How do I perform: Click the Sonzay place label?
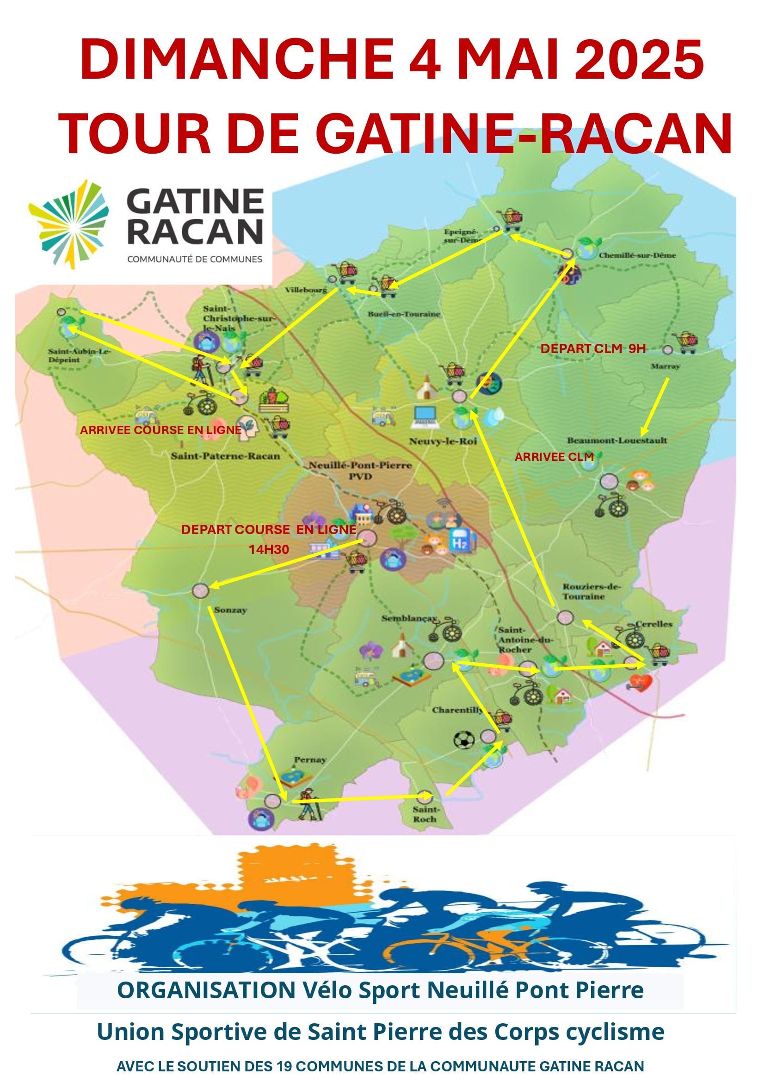pyautogui.click(x=230, y=610)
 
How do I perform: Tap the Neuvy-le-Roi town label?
pyautogui.click(x=443, y=442)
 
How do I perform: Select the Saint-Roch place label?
pyautogui.click(x=425, y=815)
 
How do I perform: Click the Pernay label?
pyautogui.click(x=310, y=759)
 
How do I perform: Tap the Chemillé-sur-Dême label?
pyautogui.click(x=637, y=255)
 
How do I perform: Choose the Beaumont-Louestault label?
pyautogui.click(x=617, y=441)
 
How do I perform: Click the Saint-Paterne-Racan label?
pyautogui.click(x=225, y=456)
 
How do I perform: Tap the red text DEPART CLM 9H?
pyautogui.click(x=592, y=349)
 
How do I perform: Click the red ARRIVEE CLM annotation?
pyautogui.click(x=554, y=457)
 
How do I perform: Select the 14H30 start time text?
pyautogui.click(x=269, y=549)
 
